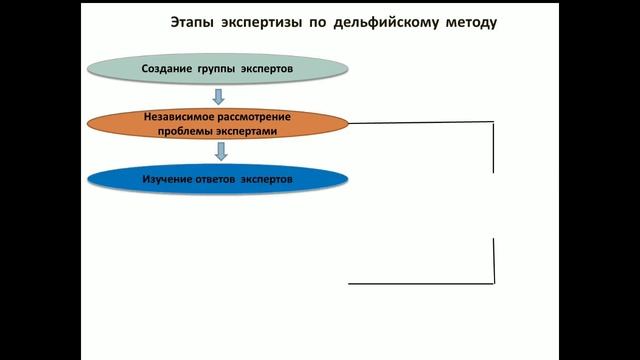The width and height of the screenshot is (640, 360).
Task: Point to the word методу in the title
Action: [x=467, y=21]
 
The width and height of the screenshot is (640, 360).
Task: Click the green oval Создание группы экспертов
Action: [x=217, y=69]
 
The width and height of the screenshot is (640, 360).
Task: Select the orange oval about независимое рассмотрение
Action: [x=217, y=125]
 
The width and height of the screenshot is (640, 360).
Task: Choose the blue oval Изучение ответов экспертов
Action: [x=217, y=179]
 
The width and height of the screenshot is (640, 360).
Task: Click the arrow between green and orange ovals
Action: [x=217, y=97]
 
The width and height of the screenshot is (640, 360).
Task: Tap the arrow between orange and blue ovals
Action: [x=220, y=151]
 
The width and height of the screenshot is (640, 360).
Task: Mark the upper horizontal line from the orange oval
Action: [x=420, y=123]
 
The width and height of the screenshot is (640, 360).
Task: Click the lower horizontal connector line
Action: [x=420, y=283]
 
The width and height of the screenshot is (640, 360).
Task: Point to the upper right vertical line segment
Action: [x=493, y=147]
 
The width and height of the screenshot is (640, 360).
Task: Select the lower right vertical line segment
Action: [x=493, y=261]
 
